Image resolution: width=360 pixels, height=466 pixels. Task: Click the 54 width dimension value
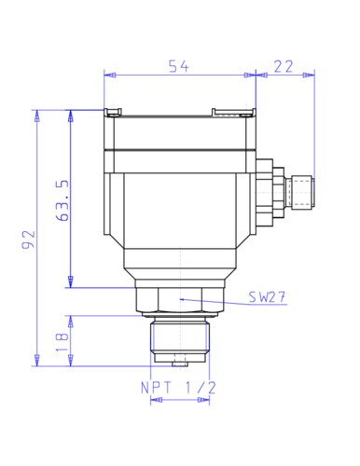(178, 66)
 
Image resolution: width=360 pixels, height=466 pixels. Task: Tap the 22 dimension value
(284, 66)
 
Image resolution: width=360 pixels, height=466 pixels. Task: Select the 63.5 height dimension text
(62, 200)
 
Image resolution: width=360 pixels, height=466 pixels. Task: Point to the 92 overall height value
(29, 240)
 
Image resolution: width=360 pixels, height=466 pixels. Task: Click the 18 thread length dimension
(62, 342)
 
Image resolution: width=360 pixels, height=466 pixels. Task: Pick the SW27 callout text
(267, 297)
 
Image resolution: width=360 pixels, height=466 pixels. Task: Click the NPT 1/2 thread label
(178, 388)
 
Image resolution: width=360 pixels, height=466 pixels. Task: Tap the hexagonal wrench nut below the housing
(180, 300)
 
